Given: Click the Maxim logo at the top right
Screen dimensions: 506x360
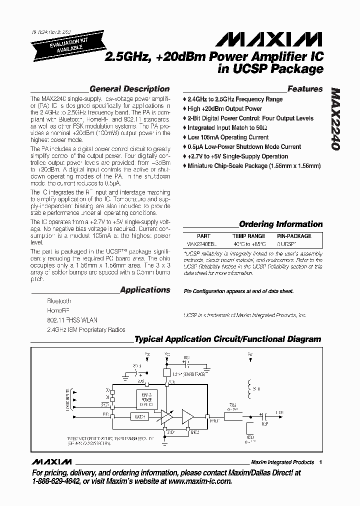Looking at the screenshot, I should click(286, 38).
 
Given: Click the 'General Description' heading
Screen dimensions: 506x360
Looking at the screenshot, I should click(129, 89).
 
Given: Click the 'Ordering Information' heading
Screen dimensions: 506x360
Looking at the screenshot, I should click(280, 224).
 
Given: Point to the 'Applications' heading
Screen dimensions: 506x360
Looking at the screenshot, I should click(145, 289).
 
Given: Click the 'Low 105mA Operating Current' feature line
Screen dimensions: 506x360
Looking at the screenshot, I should click(228, 137).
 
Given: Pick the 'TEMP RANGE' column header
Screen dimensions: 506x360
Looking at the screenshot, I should click(248, 236).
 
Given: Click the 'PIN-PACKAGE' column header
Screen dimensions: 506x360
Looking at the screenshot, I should click(294, 236).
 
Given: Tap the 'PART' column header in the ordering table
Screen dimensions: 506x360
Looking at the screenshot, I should click(203, 236).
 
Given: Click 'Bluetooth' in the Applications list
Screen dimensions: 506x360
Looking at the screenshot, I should click(59, 301).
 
